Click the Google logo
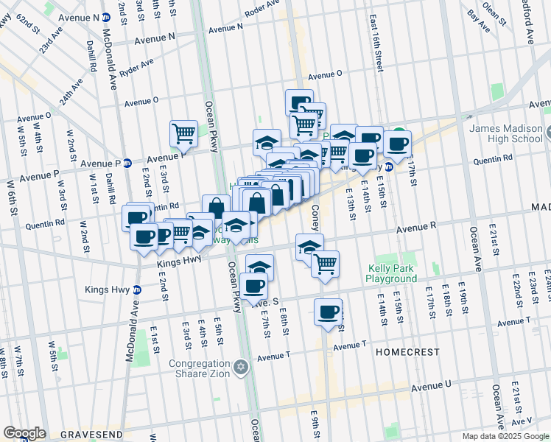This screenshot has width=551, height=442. click(24, 433)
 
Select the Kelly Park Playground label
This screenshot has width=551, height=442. click(392, 274)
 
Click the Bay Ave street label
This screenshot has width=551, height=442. click(479, 21)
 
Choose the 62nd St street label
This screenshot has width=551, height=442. click(28, 27)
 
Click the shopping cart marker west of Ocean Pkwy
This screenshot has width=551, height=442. click(183, 134)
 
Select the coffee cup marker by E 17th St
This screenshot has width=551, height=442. click(397, 143)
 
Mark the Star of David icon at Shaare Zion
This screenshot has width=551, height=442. click(240, 367)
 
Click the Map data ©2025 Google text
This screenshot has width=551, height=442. click(505, 436)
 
